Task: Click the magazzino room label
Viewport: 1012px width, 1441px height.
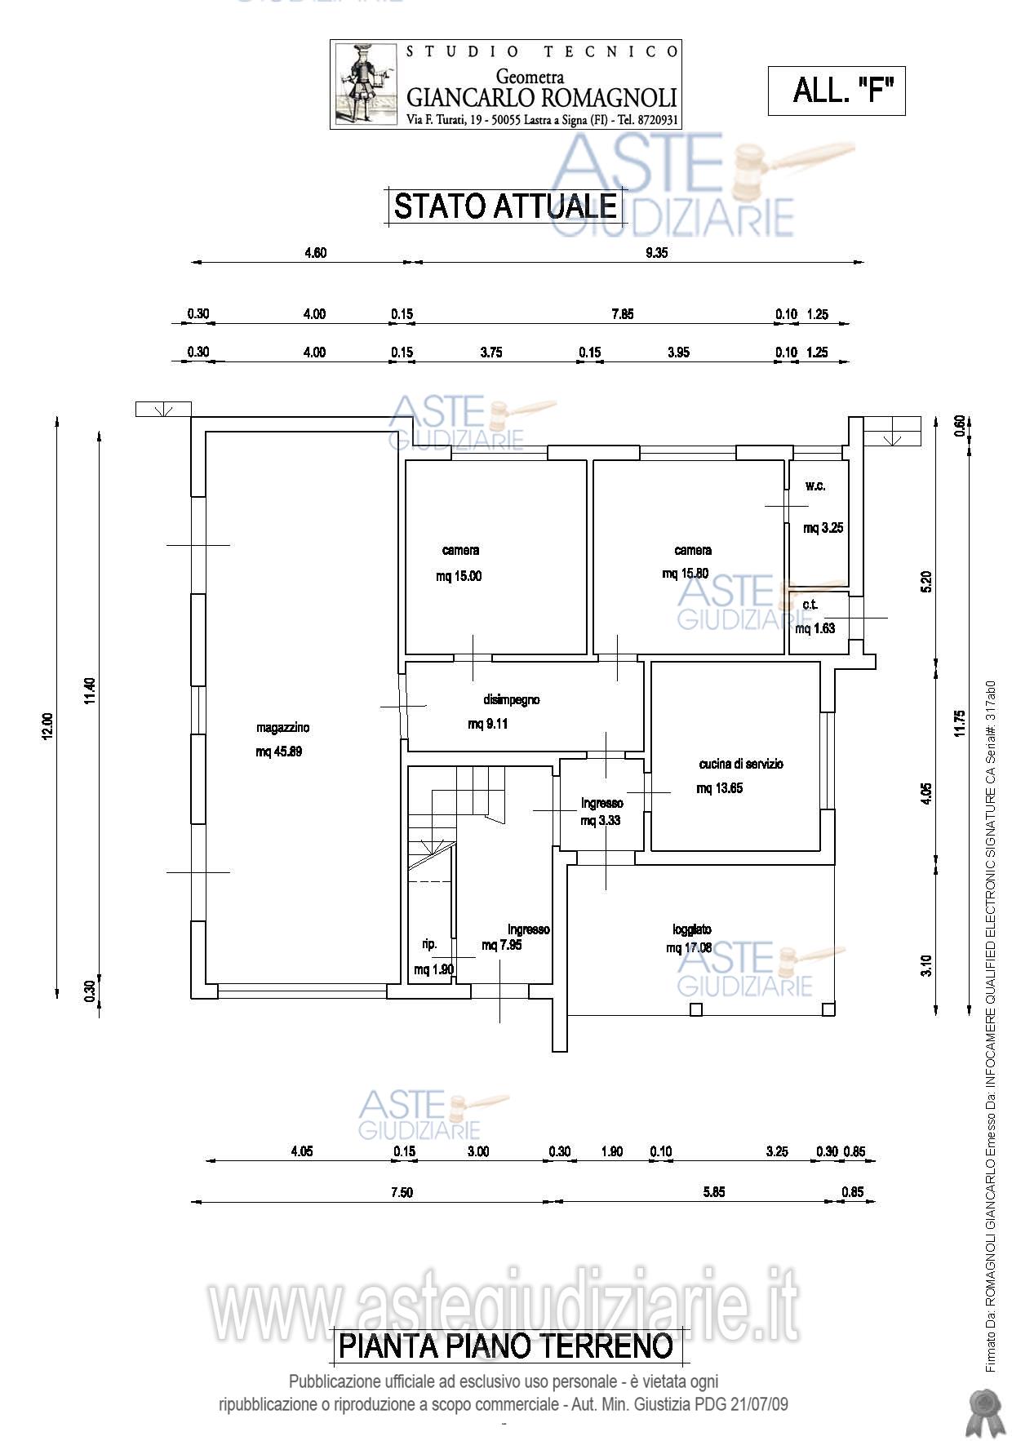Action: [x=282, y=728]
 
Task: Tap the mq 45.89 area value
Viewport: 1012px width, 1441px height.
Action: [x=279, y=752]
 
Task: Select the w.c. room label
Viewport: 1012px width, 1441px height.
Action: [x=815, y=486]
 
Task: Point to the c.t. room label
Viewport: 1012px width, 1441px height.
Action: [x=810, y=605]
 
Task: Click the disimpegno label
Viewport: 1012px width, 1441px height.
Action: [x=512, y=699]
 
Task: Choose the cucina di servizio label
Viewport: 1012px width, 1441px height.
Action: [x=741, y=764]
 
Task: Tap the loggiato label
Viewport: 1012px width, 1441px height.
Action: [x=692, y=929]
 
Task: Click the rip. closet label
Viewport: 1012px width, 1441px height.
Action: [x=429, y=944]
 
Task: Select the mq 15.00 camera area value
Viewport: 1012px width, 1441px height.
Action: [x=459, y=576]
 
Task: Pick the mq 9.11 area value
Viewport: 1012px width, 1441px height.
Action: [x=488, y=724]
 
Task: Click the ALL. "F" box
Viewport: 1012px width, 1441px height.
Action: [x=837, y=90]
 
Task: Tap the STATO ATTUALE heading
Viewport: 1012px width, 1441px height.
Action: [x=505, y=206]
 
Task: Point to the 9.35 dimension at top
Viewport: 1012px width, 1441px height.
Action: [x=656, y=253]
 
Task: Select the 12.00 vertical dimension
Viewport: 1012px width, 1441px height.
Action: [x=47, y=726]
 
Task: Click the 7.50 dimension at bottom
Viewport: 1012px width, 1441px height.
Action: [x=402, y=1192]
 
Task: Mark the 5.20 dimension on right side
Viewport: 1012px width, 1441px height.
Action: [x=925, y=580]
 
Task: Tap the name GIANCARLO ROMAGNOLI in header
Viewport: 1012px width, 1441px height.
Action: [x=542, y=98]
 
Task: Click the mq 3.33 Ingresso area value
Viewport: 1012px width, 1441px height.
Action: [x=601, y=821]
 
